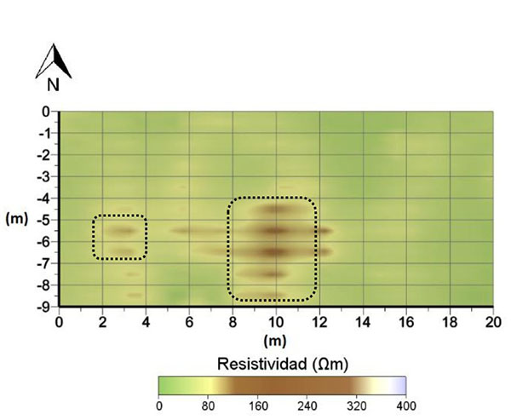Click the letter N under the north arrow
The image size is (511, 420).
(53, 84)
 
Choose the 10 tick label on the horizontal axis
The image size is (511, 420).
(276, 321)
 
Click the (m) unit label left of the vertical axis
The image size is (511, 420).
(17, 219)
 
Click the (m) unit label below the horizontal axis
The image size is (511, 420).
(275, 340)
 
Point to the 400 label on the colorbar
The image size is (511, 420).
(405, 406)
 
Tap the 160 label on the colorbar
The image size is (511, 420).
(258, 406)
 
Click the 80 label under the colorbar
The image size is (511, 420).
(209, 406)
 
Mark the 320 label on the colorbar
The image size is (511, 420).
(356, 406)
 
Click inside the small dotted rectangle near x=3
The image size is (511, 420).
(120, 237)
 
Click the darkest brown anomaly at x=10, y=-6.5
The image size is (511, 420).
(274, 251)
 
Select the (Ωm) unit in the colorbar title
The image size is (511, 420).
(328, 364)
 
